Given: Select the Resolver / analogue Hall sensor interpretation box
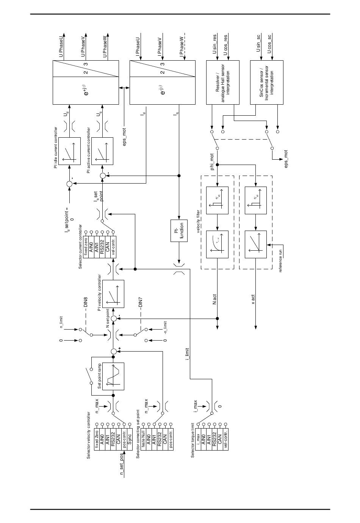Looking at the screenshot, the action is point(222,82).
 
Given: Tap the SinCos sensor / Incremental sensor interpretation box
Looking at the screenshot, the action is point(267,82).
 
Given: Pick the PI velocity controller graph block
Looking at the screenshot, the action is point(113,294).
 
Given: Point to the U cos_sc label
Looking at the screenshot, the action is point(269,44).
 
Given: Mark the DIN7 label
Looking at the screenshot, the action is point(140,300).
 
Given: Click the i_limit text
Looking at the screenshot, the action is point(187,354).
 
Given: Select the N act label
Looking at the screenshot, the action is point(215,299).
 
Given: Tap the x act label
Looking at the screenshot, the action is point(253,299).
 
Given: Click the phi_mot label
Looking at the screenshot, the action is point(213,162).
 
